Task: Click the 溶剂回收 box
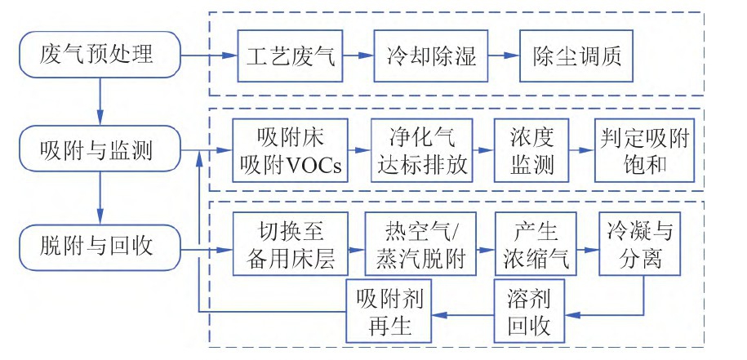pyautogui.click(x=529, y=311)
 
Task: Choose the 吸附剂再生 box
pyautogui.click(x=389, y=311)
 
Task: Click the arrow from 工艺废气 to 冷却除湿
pyautogui.click(x=358, y=56)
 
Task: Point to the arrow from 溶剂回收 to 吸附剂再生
pyautogui.click(x=462, y=312)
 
